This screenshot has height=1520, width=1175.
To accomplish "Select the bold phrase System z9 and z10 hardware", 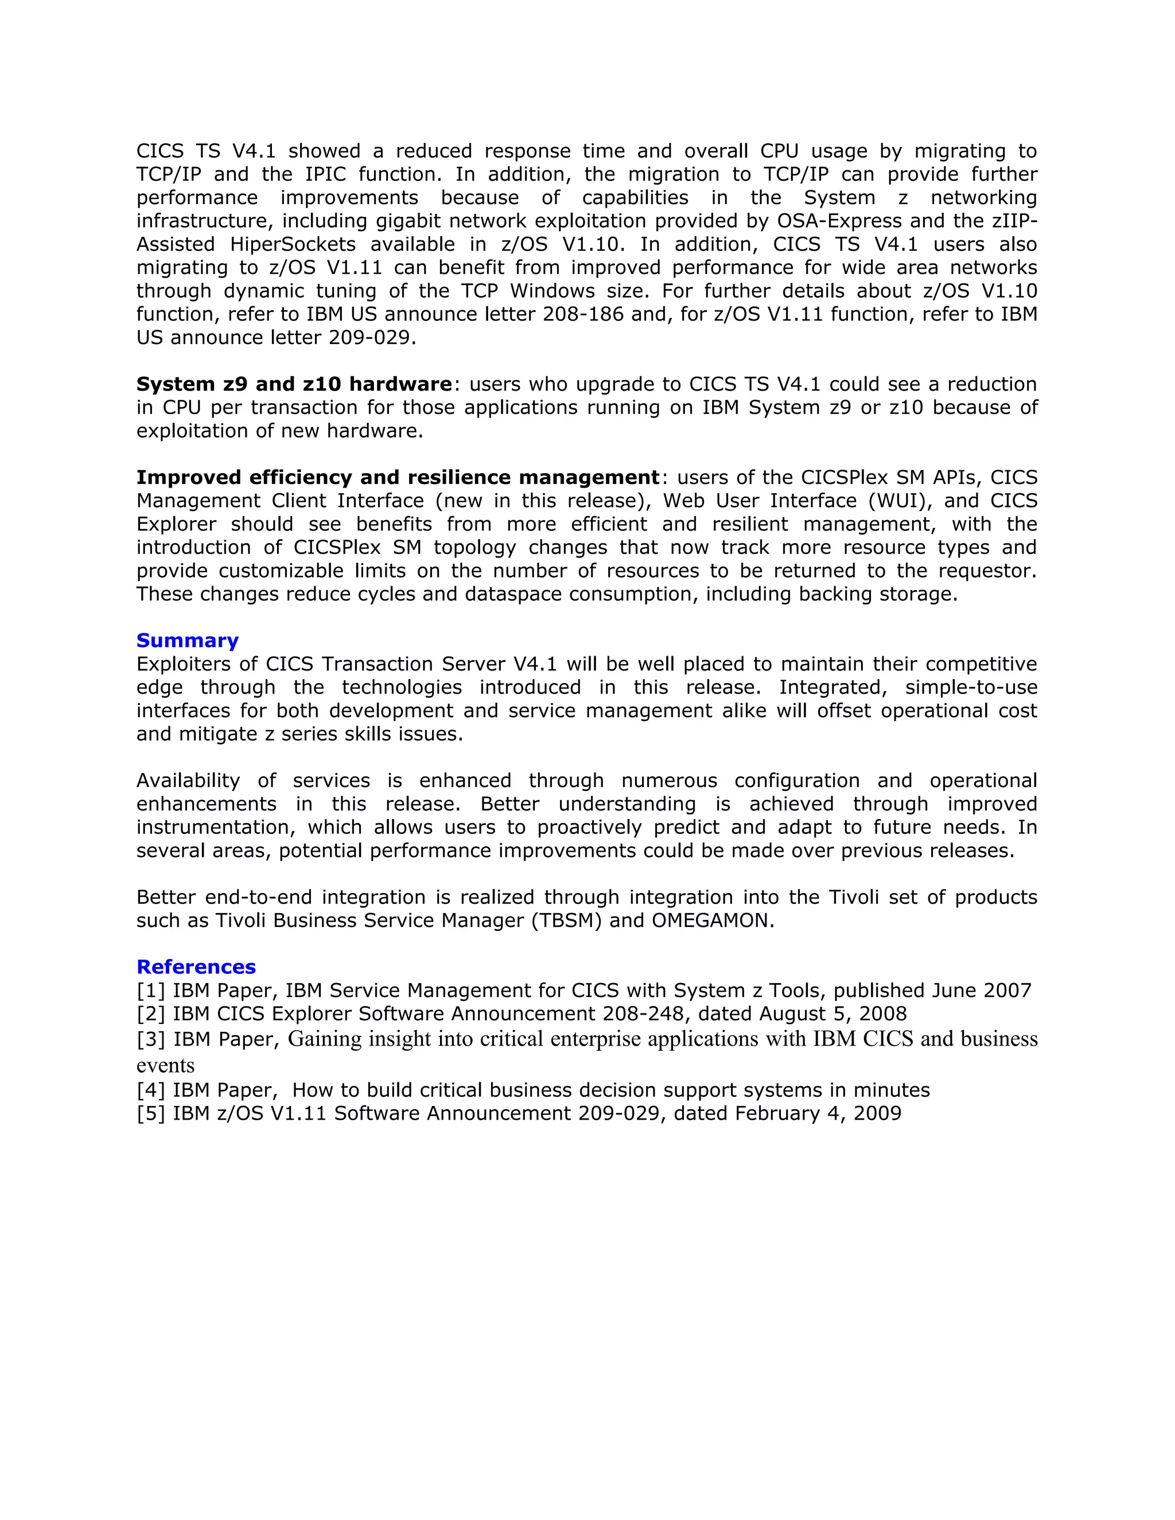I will point(294,384).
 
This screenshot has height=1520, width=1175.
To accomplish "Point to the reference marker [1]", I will point(150,991).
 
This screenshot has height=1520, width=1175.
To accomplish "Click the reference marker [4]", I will point(150,1090).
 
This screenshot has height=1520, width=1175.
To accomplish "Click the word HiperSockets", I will point(293,244).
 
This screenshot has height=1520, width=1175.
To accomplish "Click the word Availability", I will point(188,780).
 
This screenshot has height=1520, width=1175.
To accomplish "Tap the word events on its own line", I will point(165,1066).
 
